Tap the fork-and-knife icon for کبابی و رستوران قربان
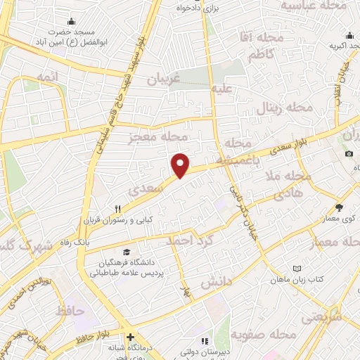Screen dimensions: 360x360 [x=119, y=209]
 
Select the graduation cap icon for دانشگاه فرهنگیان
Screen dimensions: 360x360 [x=126, y=252]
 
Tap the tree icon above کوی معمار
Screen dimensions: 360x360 [x=340, y=207]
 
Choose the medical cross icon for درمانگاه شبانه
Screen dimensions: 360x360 [x=130, y=336]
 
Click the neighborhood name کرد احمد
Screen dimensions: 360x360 [x=188, y=241]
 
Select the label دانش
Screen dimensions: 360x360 [x=217, y=283]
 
